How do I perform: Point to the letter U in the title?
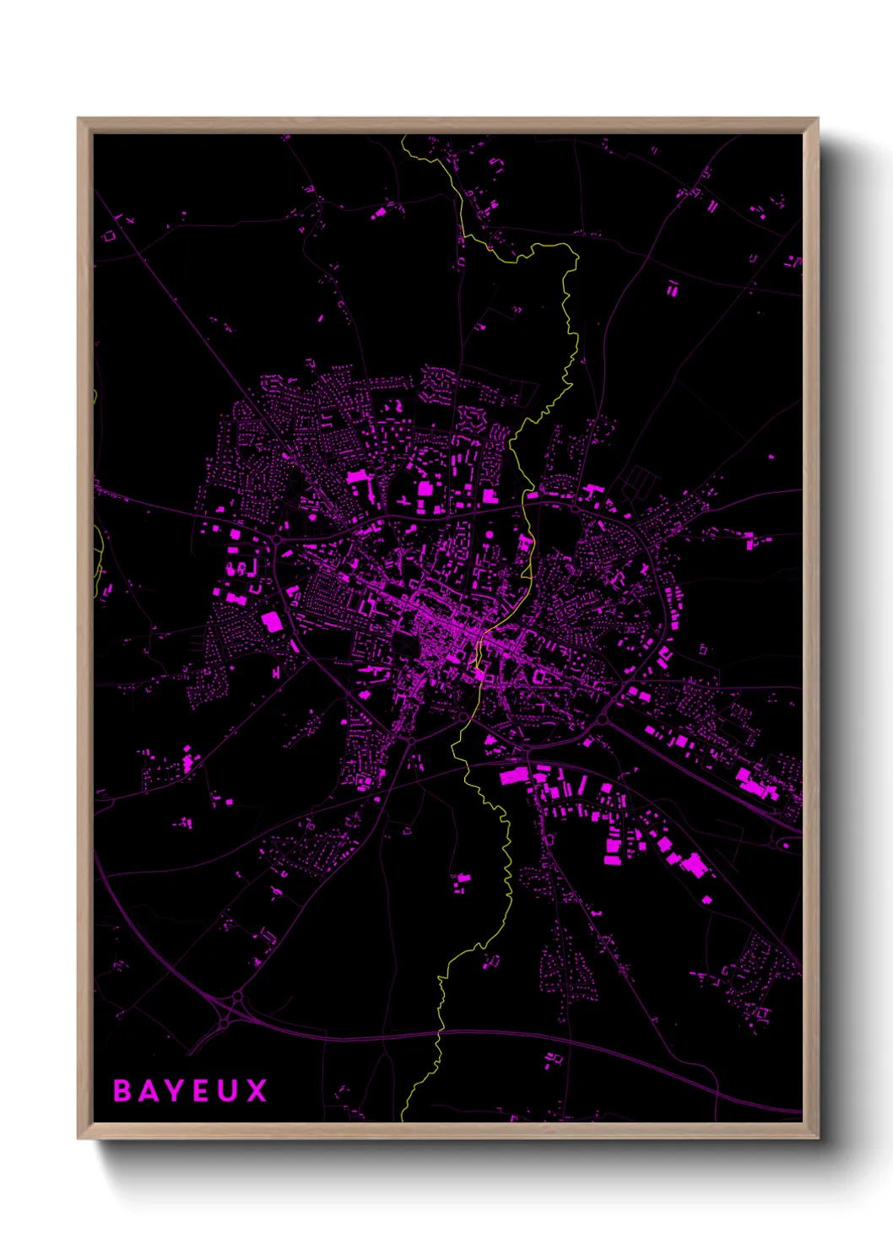[x=230, y=1090]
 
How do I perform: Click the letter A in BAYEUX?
[x=147, y=1090]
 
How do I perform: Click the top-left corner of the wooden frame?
[x=78, y=119]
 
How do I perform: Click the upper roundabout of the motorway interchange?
[x=237, y=997]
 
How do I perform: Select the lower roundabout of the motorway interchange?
[x=224, y=1023]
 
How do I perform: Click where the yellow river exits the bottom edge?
[x=402, y=1120]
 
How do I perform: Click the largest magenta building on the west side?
[x=272, y=623]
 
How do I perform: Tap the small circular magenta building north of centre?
[x=490, y=534]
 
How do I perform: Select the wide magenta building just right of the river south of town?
[x=514, y=776]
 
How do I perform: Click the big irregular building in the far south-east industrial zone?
[x=694, y=865]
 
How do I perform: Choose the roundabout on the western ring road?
[x=276, y=538]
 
